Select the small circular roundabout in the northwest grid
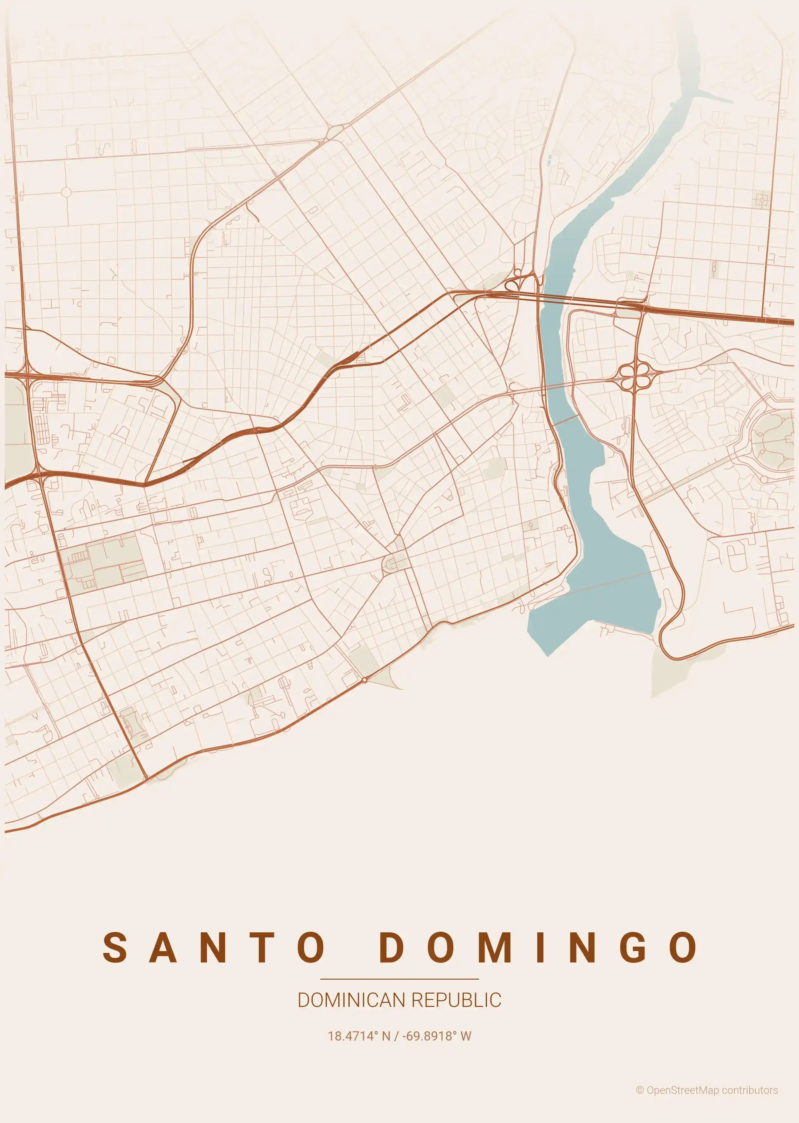click(66, 192)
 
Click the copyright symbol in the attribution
click(640, 1091)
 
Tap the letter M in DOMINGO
click(494, 947)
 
